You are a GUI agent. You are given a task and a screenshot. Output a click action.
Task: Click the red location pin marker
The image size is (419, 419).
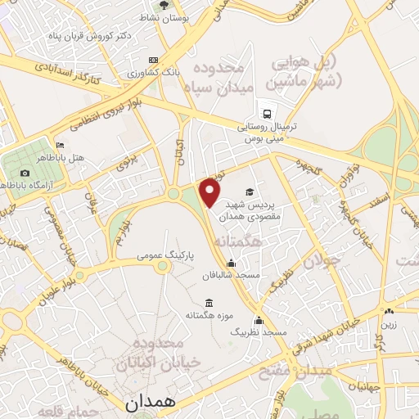pos(210,192)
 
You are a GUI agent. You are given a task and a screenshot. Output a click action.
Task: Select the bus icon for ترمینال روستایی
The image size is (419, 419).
pos(266,114)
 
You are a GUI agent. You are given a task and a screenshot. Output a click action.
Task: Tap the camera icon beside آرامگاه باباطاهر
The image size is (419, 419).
pos(25,173)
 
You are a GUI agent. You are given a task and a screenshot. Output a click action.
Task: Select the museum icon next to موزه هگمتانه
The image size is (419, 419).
pos(209,302)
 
